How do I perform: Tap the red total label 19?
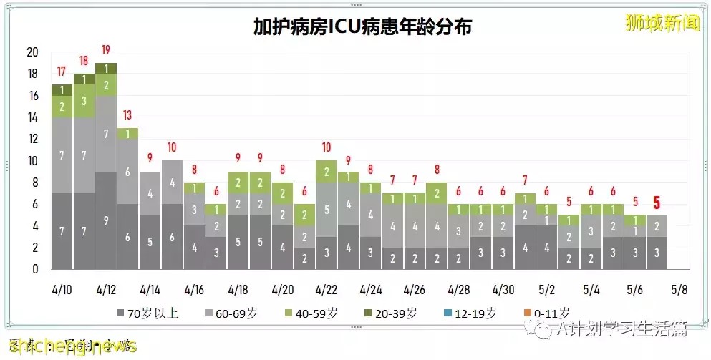pyautogui.click(x=105, y=50)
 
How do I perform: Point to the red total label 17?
pyautogui.click(x=62, y=72)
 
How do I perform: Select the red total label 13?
pyautogui.click(x=127, y=115)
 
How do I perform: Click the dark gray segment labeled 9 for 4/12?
pyautogui.click(x=105, y=220)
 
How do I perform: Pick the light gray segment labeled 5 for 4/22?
pyautogui.click(x=326, y=210)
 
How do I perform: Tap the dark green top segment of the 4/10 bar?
pyautogui.click(x=62, y=90)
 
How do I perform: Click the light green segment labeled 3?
pyautogui.click(x=84, y=101)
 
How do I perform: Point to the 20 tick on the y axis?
pyautogui.click(x=32, y=52)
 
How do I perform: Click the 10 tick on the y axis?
pyautogui.click(x=32, y=161)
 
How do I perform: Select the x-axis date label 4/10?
pyautogui.click(x=62, y=290)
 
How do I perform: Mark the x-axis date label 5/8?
pyautogui.click(x=678, y=290)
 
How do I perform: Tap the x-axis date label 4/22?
pyautogui.click(x=326, y=290)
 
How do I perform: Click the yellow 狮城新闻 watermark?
pyautogui.click(x=662, y=23)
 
